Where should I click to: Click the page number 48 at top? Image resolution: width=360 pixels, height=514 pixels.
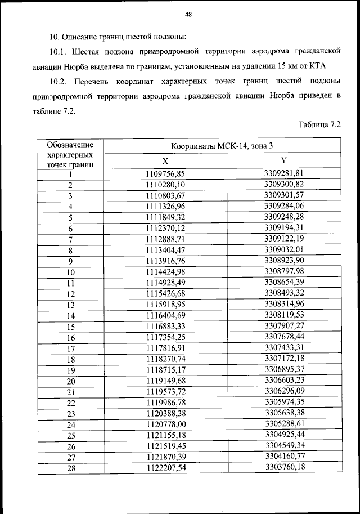point(188,15)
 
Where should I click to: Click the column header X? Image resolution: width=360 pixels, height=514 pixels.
point(165,160)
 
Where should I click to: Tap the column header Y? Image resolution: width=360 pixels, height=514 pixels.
point(284,160)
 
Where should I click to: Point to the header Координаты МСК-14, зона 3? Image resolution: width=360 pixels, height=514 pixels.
point(222,145)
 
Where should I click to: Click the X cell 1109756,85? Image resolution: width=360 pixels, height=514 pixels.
point(165,174)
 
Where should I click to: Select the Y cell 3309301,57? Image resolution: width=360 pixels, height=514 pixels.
point(284,195)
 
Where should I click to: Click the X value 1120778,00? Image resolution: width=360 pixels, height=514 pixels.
point(165,424)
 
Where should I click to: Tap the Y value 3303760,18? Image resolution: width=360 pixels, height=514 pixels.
point(284,467)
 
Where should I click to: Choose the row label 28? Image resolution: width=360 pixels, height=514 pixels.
point(70,468)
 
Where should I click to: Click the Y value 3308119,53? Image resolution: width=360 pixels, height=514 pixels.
point(284,315)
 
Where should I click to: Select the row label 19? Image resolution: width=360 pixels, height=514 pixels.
point(70,370)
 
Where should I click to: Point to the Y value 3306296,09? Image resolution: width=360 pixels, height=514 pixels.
point(284,391)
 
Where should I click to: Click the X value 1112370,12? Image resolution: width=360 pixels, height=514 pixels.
point(165,229)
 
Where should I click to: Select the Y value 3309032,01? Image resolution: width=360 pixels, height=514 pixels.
point(284,250)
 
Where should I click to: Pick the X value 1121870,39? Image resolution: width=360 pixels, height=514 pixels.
point(165,457)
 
